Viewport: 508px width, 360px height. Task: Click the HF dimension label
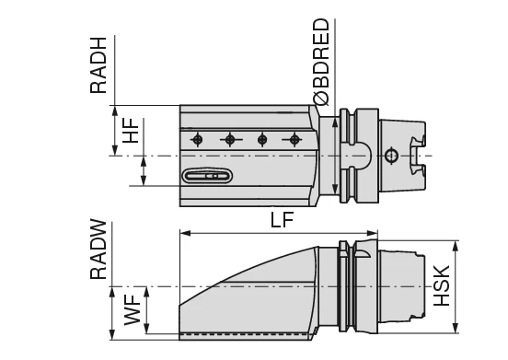(x=131, y=130)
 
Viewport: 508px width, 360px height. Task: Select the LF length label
(x=283, y=220)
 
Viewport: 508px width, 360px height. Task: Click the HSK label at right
(x=443, y=286)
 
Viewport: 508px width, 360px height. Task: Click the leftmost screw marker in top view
(x=196, y=139)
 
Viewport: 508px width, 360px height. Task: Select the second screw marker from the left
(x=229, y=139)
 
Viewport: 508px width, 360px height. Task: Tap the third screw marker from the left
(x=262, y=139)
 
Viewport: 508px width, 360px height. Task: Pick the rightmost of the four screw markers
(x=294, y=139)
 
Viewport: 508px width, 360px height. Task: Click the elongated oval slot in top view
(x=207, y=176)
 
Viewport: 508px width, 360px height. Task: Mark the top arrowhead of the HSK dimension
(x=456, y=245)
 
